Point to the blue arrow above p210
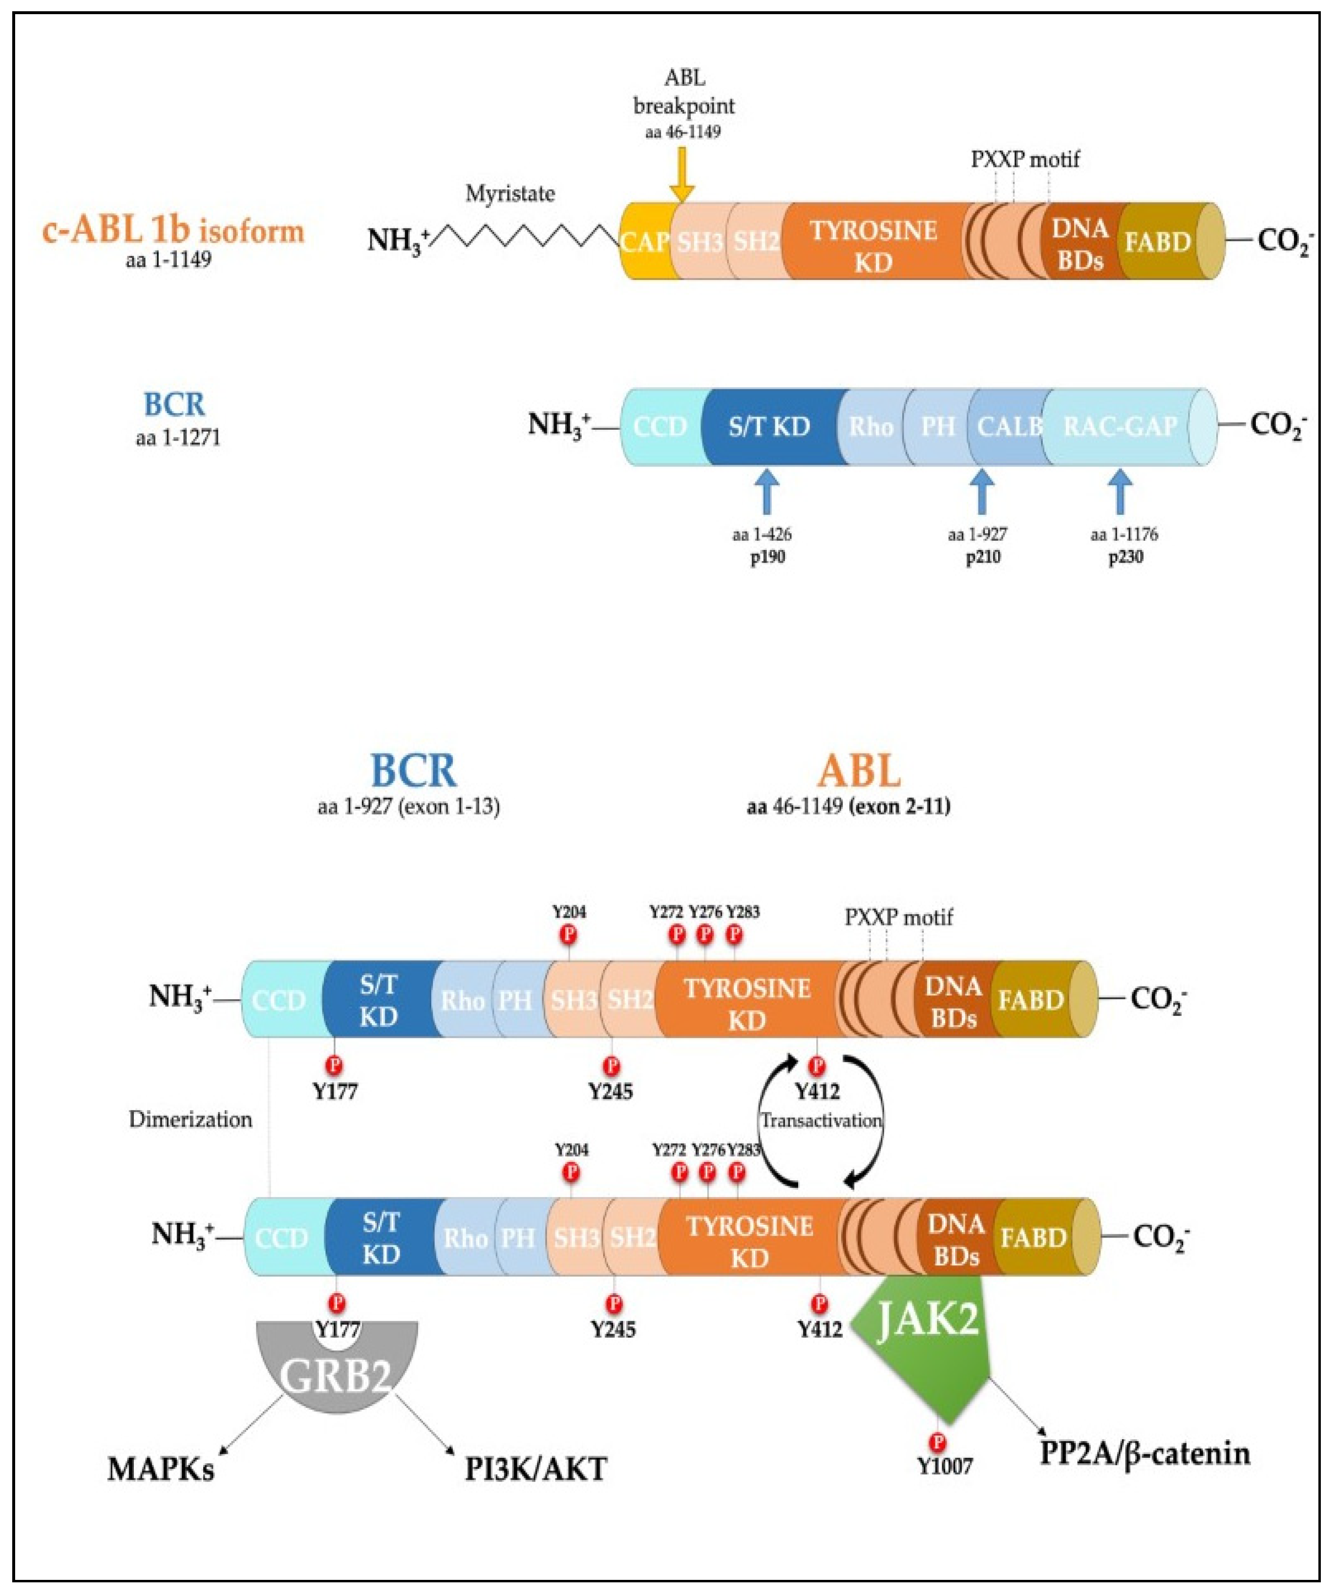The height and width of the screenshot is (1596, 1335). pyautogui.click(x=983, y=492)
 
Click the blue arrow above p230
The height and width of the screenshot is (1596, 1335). pyautogui.click(x=1118, y=492)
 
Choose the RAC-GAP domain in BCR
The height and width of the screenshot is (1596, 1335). pyautogui.click(x=1120, y=426)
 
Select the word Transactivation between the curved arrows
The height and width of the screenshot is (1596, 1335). pyautogui.click(x=821, y=1121)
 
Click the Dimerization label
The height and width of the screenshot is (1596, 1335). pyautogui.click(x=190, y=1119)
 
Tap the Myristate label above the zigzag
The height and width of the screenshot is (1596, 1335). pyautogui.click(x=510, y=194)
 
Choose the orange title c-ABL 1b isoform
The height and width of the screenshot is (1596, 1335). pyautogui.click(x=173, y=231)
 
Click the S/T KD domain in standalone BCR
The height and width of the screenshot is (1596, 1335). pyautogui.click(x=769, y=426)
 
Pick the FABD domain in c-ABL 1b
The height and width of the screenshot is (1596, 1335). pyautogui.click(x=1157, y=242)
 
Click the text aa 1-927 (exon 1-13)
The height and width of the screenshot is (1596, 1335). pyautogui.click(x=409, y=806)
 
